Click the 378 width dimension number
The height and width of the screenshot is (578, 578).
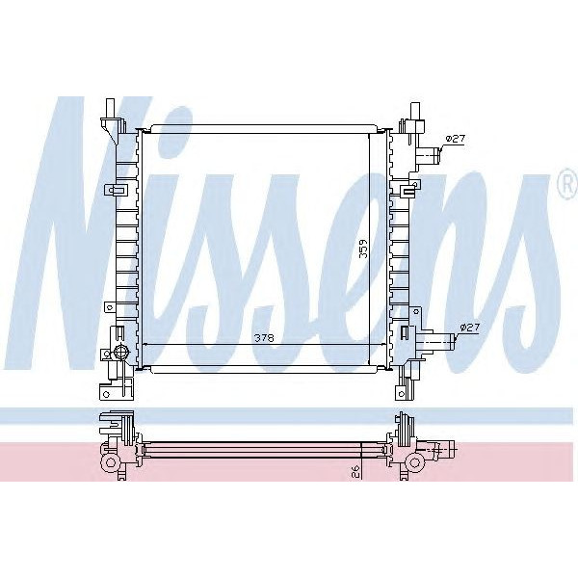click(261, 337)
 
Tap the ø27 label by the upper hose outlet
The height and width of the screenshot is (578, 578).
click(457, 140)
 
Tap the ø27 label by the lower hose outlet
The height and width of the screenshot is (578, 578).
click(469, 328)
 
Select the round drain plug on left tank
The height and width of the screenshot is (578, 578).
click(120, 351)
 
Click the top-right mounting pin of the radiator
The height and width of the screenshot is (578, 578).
click(413, 108)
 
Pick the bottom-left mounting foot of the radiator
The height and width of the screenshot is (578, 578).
click(107, 388)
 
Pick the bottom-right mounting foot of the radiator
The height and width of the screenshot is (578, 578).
click(400, 388)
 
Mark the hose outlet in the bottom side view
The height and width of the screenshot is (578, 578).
click(443, 448)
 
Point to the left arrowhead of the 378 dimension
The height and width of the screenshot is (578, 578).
click(144, 344)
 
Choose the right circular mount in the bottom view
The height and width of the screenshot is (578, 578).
click(414, 462)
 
